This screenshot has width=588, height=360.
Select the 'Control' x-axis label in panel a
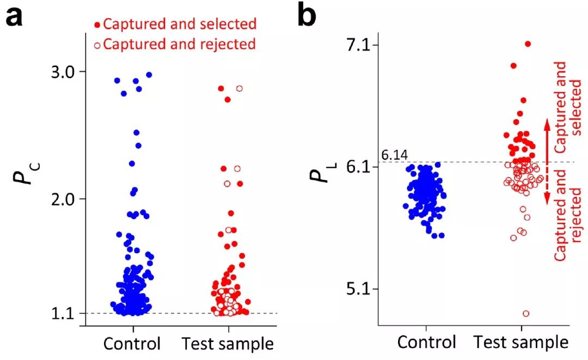pyautogui.click(x=133, y=344)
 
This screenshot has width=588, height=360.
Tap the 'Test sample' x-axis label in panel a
pyautogui.click(x=228, y=344)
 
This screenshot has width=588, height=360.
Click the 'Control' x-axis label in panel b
pyautogui.click(x=426, y=343)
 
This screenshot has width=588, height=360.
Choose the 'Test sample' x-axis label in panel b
pyautogui.click(x=521, y=343)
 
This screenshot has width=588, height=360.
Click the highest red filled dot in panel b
pyautogui.click(x=528, y=44)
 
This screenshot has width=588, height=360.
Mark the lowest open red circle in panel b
pyautogui.click(x=526, y=314)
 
